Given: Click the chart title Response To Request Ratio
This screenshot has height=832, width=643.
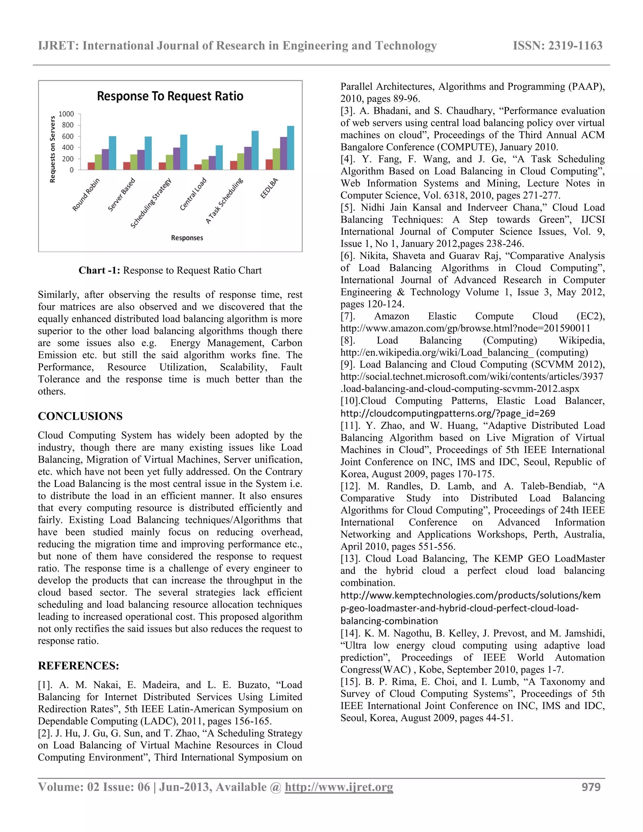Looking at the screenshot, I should pyautogui.click(x=170, y=96).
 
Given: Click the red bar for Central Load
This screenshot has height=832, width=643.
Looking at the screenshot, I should pyautogui.click(x=198, y=167).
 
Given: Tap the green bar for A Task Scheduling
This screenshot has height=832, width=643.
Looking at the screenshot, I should pyautogui.click(x=241, y=161).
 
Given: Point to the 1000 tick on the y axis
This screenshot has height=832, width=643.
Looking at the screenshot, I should pyautogui.click(x=66, y=114).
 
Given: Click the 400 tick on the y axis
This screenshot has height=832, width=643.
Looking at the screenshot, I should pyautogui.click(x=68, y=148).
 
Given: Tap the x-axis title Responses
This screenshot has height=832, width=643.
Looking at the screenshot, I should pyautogui.click(x=187, y=238).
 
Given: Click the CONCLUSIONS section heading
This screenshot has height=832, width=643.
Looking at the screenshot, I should pyautogui.click(x=80, y=416).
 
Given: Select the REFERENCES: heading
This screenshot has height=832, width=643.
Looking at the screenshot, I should pyautogui.click(x=78, y=666).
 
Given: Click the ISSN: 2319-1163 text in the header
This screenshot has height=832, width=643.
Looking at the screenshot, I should pyautogui.click(x=557, y=46).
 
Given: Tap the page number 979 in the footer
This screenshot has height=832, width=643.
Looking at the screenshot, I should pyautogui.click(x=591, y=787).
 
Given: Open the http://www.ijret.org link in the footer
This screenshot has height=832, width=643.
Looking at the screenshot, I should pyautogui.click(x=339, y=787).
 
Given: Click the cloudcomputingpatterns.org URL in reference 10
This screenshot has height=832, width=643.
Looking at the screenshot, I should pyautogui.click(x=448, y=413).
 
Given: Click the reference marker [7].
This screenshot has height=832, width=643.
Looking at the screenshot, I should pyautogui.click(x=348, y=316).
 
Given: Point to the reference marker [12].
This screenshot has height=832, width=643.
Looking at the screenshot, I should pyautogui.click(x=350, y=486).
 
